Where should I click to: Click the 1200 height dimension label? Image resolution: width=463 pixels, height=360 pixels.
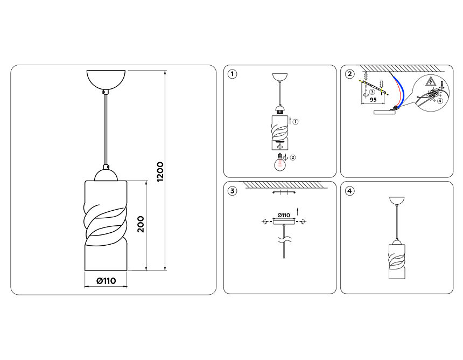(160, 172)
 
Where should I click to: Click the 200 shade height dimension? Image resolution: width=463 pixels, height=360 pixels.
(141, 224)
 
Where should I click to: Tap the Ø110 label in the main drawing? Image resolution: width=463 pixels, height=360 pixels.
(106, 281)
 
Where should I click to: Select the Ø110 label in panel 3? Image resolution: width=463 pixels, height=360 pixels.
(284, 215)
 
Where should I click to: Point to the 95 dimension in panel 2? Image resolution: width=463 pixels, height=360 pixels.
(373, 100)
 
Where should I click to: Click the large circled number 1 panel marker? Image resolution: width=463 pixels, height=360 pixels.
(233, 74)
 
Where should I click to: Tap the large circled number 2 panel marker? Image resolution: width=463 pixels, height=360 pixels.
(349, 74)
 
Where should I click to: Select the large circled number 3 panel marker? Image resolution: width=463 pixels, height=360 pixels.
(233, 191)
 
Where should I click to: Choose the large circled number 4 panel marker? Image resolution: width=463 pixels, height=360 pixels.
(349, 191)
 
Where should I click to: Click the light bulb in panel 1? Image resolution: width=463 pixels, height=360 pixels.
(279, 163)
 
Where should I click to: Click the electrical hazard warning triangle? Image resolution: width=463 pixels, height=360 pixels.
(431, 81)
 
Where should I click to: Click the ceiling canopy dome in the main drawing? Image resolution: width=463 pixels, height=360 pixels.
(106, 79)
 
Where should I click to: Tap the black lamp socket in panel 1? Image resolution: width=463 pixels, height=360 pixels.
(279, 112)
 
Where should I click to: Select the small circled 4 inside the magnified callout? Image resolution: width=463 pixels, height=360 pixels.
(440, 101)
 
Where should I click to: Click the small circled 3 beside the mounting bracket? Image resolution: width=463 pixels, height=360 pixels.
(372, 92)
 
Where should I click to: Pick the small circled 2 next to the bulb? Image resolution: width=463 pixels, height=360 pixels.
(293, 157)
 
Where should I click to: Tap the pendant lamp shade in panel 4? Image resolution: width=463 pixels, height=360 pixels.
(397, 261)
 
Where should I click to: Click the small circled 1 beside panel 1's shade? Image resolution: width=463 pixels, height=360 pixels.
(296, 122)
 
